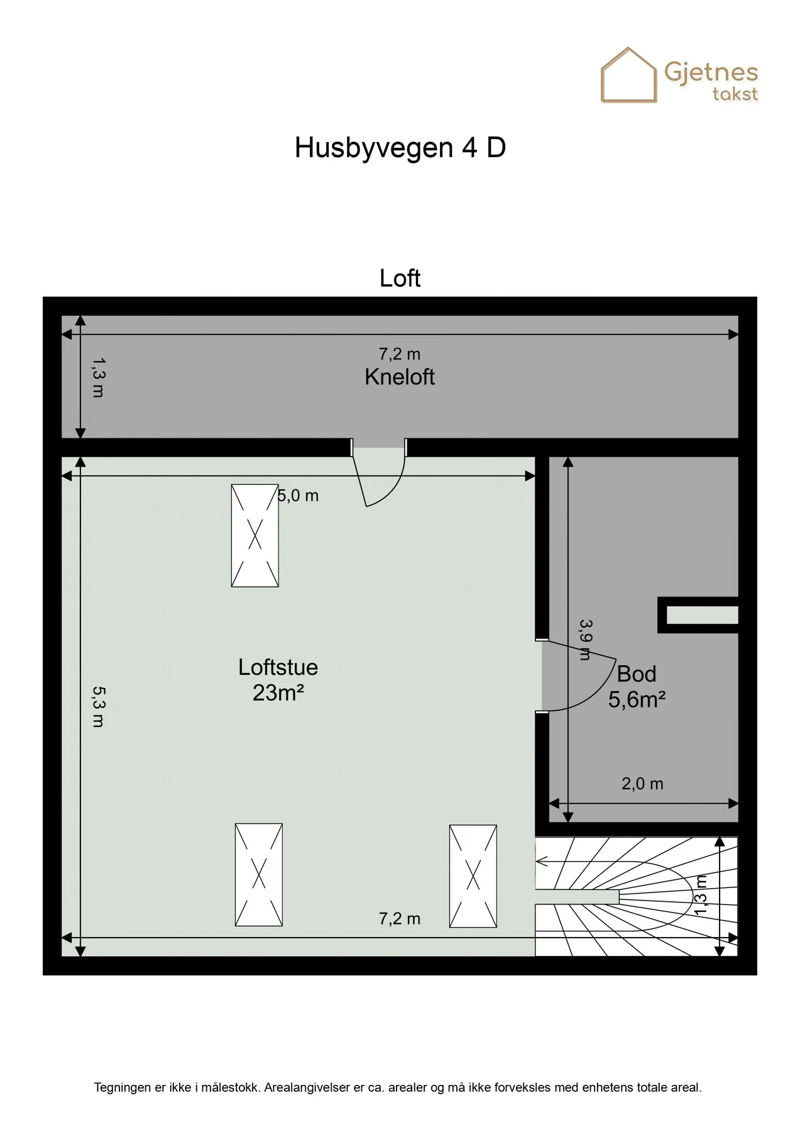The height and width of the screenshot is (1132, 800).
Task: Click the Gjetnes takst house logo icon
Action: point(628,75)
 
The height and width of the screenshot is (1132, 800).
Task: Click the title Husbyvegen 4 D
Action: point(400,148)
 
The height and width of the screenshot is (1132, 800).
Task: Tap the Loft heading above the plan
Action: point(400,278)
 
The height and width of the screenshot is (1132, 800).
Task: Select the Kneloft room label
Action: point(400,377)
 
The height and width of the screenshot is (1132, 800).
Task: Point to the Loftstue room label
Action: point(278,667)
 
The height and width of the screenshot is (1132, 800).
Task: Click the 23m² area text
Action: point(278,693)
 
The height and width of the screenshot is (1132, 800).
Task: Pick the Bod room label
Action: point(637,674)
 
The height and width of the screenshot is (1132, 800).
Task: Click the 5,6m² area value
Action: point(637,699)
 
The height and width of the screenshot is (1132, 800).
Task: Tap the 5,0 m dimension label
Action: point(299,496)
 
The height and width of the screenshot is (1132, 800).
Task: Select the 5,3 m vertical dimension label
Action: point(99,706)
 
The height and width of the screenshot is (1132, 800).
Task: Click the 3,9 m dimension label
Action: point(585,640)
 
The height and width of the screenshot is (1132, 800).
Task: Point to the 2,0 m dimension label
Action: point(642,784)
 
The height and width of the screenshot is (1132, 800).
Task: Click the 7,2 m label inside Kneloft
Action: point(399,354)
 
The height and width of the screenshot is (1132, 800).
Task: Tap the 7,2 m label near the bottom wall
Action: point(399,919)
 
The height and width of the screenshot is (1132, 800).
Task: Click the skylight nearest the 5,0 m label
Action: point(255,535)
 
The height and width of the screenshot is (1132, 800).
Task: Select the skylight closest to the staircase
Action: point(473,876)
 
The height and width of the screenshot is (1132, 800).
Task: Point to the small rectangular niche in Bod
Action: point(698,615)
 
